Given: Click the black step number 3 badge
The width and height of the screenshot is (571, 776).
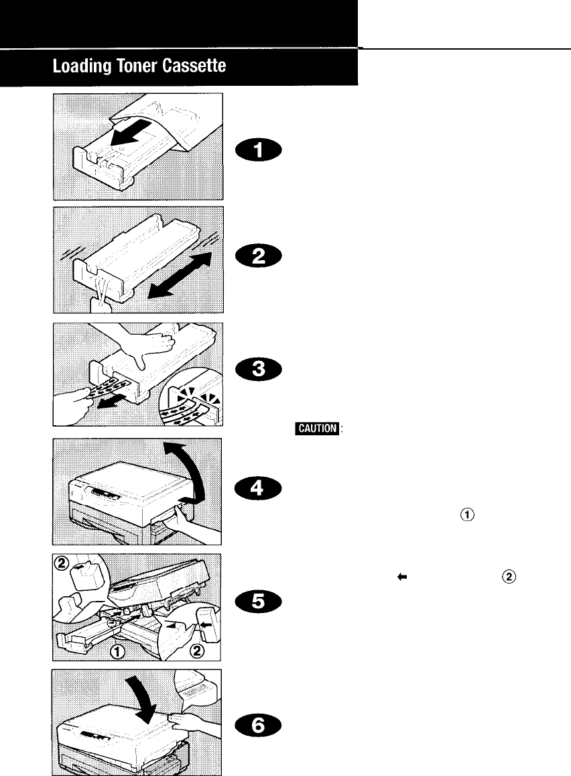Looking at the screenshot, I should click(x=260, y=370).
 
